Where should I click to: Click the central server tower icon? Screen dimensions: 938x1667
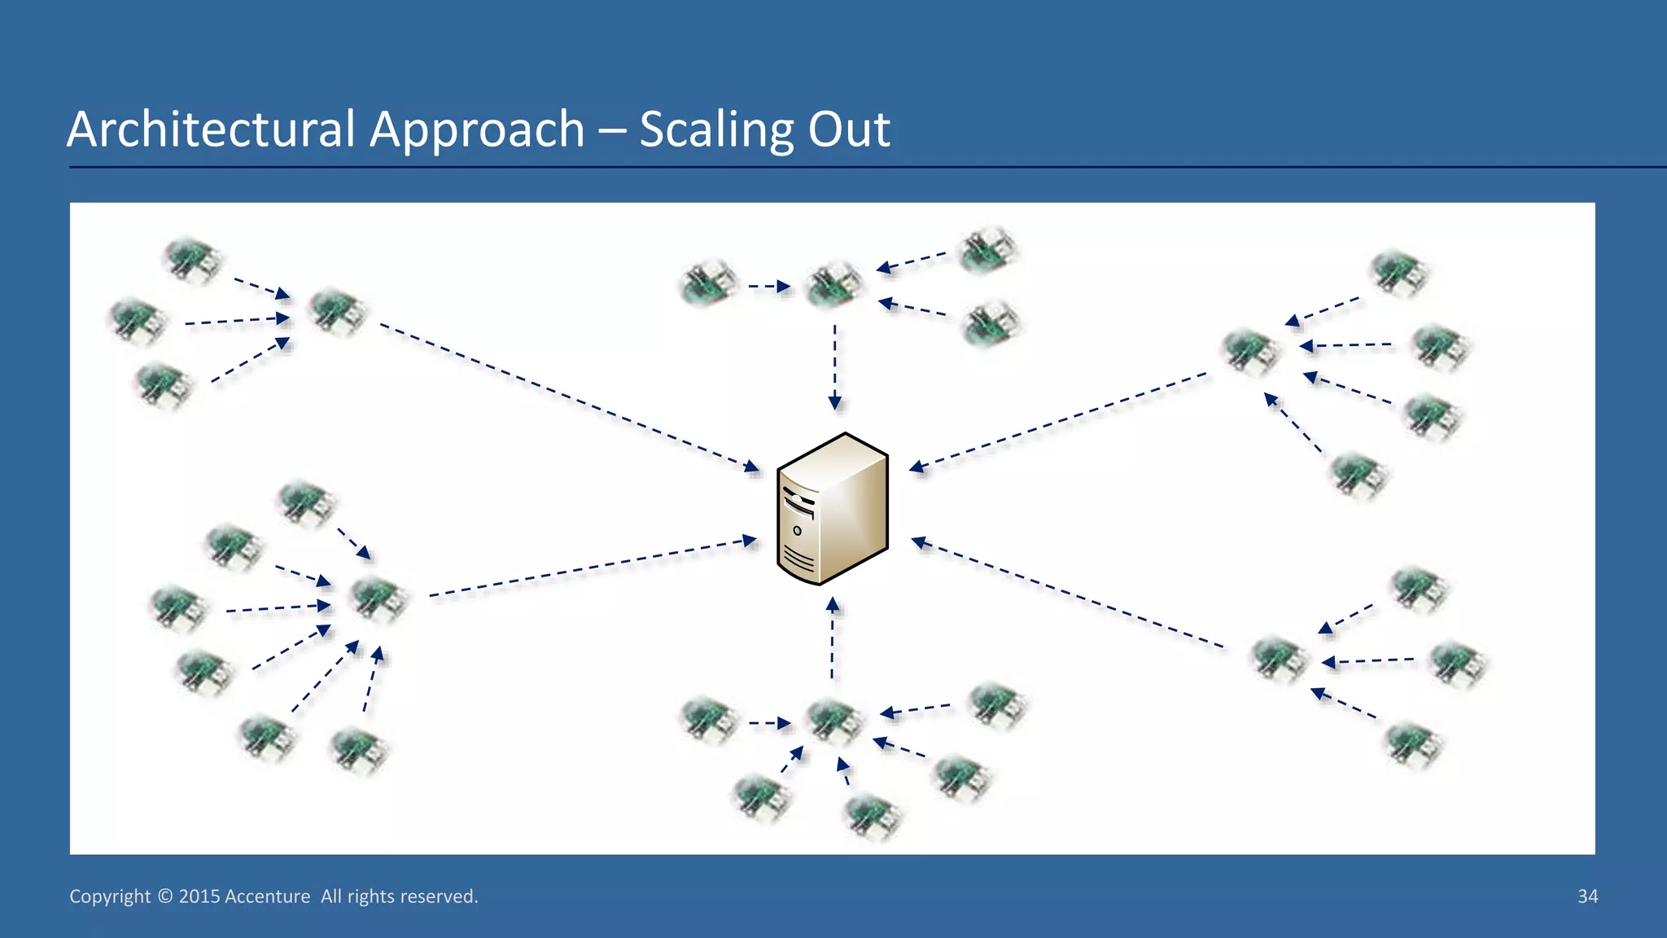833,508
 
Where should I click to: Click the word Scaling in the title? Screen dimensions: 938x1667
715,129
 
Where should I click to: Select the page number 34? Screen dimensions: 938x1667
1587,896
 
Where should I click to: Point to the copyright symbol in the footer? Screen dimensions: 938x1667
164,896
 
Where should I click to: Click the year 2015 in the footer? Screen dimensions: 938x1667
199,896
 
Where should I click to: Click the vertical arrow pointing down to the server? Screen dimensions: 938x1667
834,366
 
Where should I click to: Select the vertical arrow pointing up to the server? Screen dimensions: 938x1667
832,639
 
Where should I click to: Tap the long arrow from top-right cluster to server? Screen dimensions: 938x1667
1058,420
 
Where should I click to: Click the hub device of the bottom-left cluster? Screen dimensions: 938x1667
378,599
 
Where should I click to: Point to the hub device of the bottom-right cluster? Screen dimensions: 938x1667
1278,658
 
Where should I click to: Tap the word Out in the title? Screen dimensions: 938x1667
849,129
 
